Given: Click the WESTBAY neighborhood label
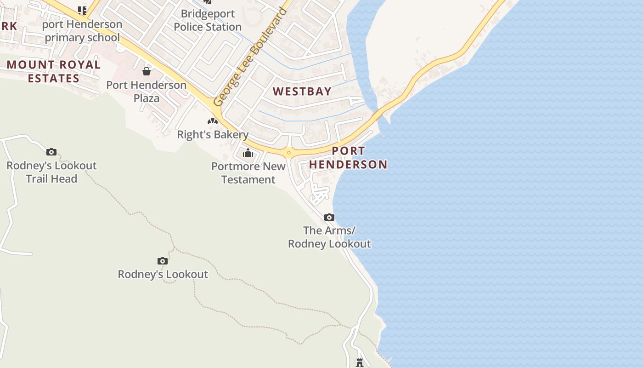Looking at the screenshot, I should click(302, 91).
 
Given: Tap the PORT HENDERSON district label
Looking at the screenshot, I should click(348, 157).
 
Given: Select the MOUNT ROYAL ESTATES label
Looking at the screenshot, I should click(53, 71).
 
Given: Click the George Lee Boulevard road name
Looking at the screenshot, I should click(251, 57).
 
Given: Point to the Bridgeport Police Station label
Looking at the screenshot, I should click(208, 20).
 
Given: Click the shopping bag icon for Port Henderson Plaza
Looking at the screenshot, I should click(147, 71).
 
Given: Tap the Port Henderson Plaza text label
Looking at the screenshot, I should click(147, 92).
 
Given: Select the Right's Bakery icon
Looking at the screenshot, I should click(212, 121).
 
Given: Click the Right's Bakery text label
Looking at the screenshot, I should click(213, 135).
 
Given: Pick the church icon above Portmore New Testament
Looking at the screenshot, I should click(248, 153).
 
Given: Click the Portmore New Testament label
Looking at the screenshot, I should click(248, 173).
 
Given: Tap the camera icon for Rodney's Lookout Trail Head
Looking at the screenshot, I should click(51, 152).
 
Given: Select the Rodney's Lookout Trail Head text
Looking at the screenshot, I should click(51, 172).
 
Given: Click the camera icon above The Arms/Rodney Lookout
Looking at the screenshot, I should click(329, 217).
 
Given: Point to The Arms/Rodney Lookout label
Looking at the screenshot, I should click(329, 237).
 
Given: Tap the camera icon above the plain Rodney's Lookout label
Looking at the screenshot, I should click(162, 261).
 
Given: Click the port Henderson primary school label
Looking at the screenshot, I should click(82, 31).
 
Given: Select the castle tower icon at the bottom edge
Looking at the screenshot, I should click(360, 363).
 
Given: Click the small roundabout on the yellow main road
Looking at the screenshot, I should click(288, 153).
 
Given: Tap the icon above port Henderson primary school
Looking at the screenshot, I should click(82, 10).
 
